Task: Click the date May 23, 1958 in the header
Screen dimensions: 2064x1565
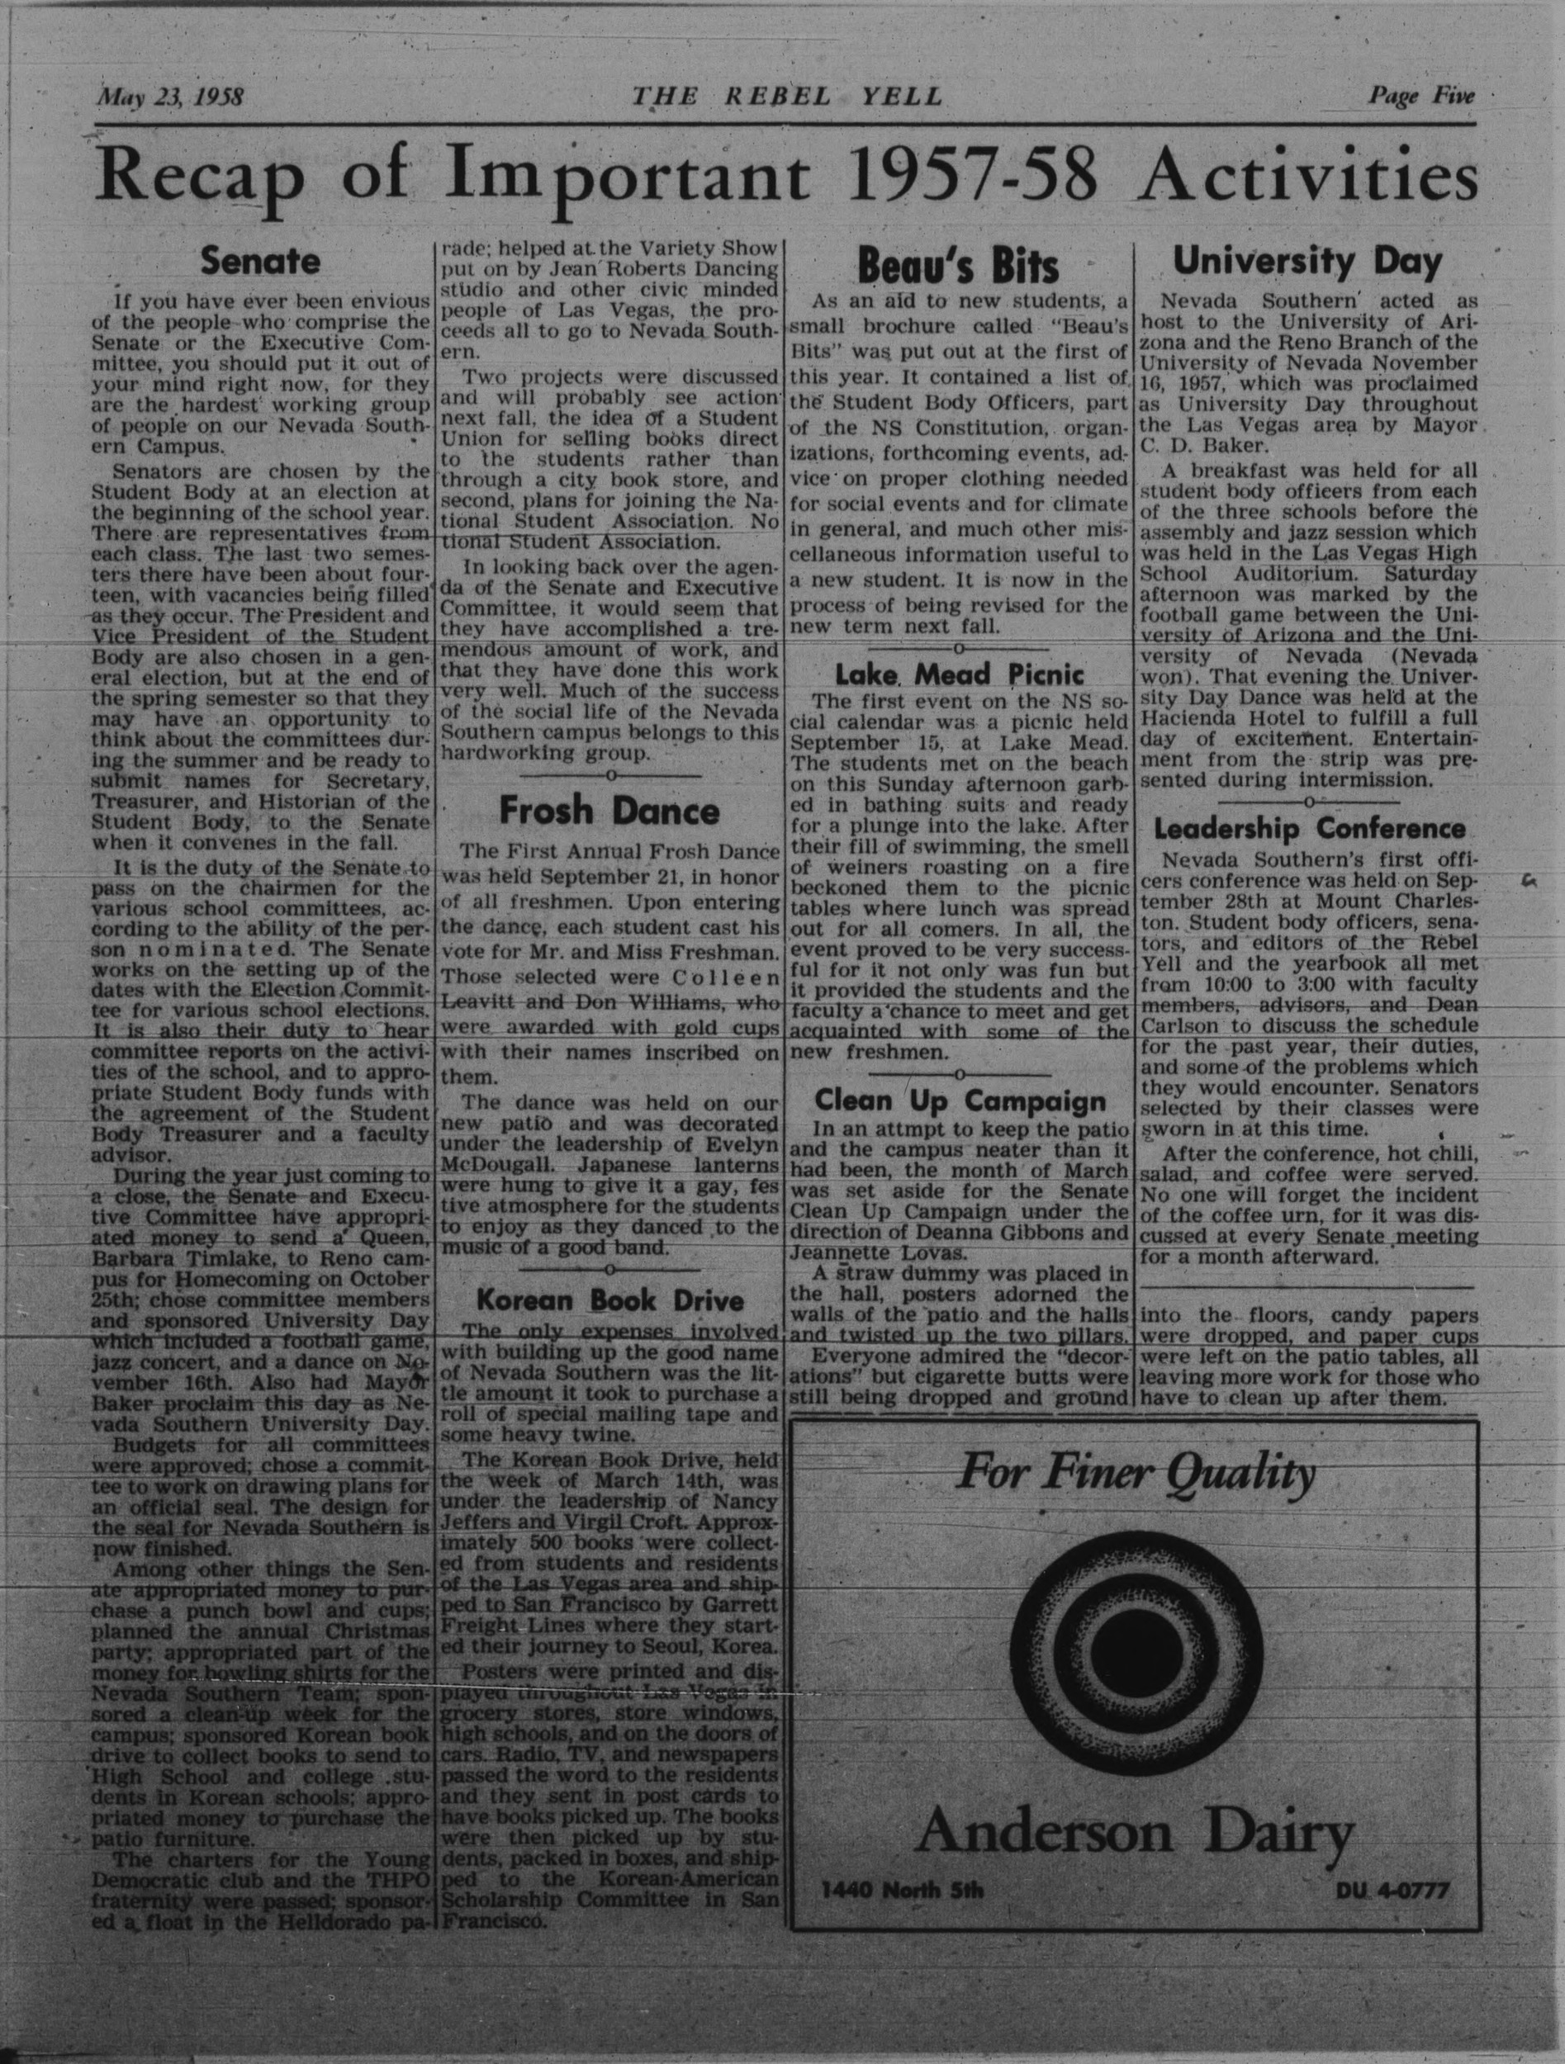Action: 170,97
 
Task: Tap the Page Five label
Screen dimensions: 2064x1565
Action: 1421,95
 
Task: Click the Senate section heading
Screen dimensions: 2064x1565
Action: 260,261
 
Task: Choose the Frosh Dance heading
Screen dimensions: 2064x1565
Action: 609,810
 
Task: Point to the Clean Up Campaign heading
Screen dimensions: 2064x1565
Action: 960,1101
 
